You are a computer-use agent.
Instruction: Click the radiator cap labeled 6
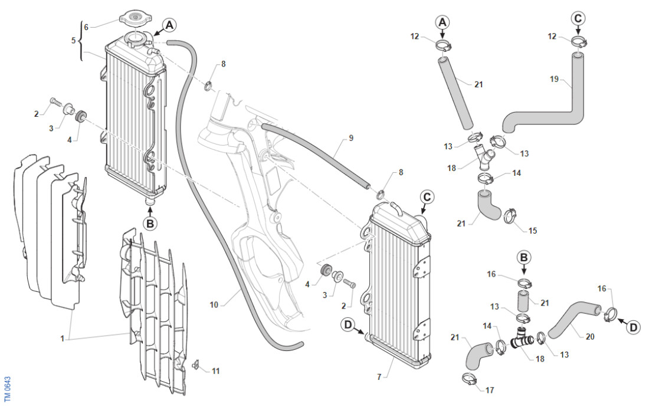(135, 18)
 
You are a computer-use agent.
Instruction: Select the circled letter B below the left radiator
(150, 224)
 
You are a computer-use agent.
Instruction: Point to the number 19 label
(553, 79)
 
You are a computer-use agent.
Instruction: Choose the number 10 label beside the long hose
(214, 304)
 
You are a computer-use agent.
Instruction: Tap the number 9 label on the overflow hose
(351, 138)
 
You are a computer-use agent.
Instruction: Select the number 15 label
(533, 230)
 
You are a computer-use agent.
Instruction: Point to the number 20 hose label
(590, 337)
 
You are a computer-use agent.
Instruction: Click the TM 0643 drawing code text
(8, 387)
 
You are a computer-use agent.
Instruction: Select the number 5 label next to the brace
(74, 41)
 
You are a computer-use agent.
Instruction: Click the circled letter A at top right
(442, 22)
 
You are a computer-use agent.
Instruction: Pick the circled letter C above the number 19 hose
(578, 18)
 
